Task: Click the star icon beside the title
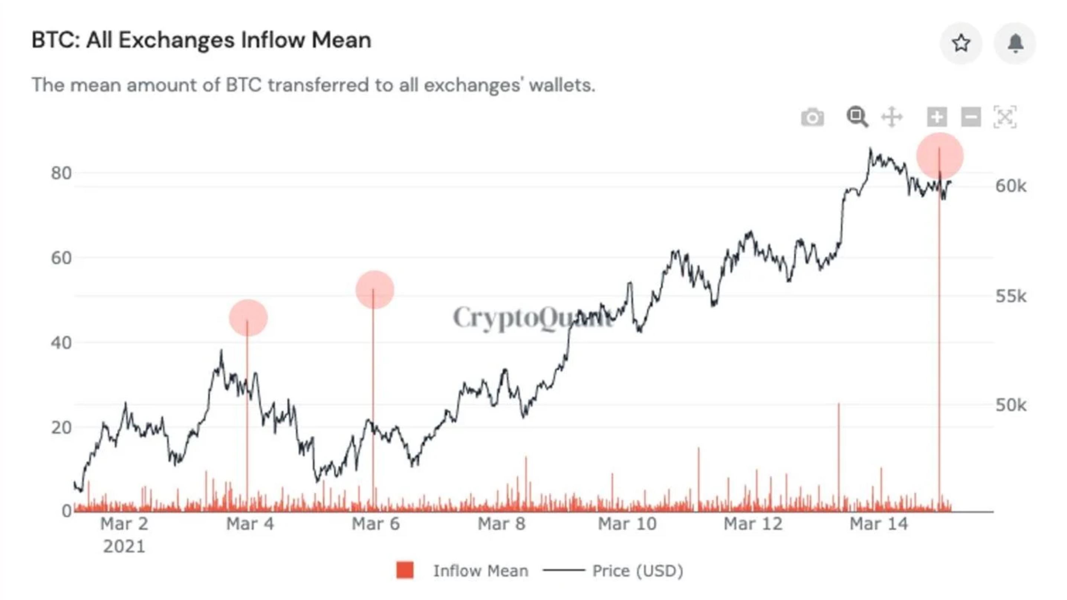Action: (x=961, y=43)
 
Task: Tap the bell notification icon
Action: (x=1015, y=43)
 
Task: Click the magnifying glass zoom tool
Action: (x=857, y=117)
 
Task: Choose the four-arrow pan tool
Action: (x=892, y=117)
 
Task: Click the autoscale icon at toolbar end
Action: (x=1005, y=117)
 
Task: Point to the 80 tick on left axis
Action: (x=61, y=173)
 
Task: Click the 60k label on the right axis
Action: (x=1011, y=187)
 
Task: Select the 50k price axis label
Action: (x=1011, y=405)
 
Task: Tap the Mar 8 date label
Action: (x=501, y=524)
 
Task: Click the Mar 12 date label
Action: (x=753, y=524)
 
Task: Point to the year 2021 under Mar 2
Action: (x=124, y=546)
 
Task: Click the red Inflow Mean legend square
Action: (x=405, y=570)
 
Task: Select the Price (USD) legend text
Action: (x=638, y=571)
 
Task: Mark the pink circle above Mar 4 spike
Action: (x=248, y=318)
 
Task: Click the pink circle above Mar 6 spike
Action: (x=374, y=290)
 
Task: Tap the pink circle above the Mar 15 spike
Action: (x=940, y=156)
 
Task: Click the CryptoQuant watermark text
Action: (x=532, y=318)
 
